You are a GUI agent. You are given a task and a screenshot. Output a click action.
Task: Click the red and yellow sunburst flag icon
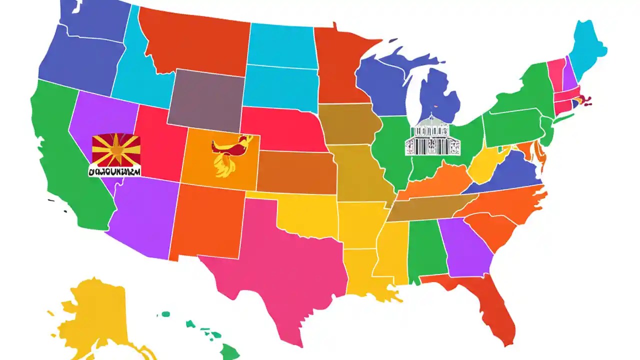click(x=116, y=150)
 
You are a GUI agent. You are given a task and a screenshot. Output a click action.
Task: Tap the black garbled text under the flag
click(x=114, y=171)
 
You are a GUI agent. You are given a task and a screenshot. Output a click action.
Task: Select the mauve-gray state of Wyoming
click(x=206, y=97)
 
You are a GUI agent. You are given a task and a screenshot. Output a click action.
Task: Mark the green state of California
click(x=65, y=150)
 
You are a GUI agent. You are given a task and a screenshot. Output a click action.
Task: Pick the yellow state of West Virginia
click(x=485, y=167)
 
